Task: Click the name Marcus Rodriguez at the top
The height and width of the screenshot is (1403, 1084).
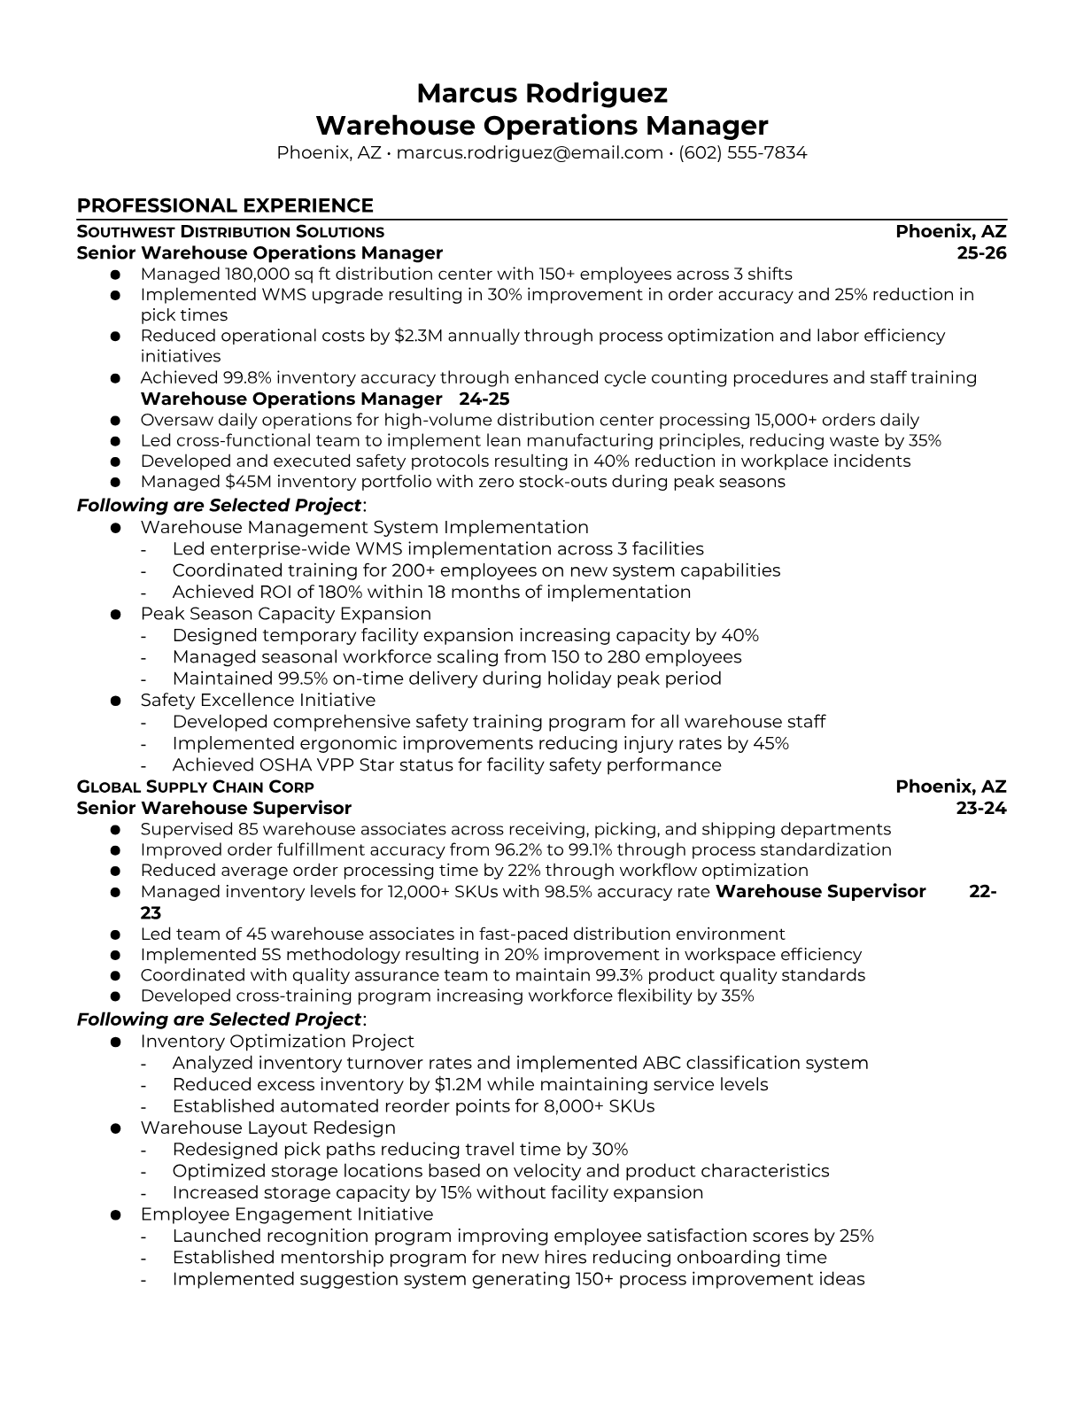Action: tap(541, 93)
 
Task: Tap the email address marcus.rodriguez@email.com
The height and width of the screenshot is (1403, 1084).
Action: tap(530, 152)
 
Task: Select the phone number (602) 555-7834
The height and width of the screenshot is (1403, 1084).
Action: tap(742, 152)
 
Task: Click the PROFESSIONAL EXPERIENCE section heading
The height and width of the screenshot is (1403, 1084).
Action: tap(225, 205)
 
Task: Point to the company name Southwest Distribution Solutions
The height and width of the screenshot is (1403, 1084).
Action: tap(230, 232)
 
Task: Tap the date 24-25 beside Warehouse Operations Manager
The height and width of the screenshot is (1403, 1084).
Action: tap(484, 399)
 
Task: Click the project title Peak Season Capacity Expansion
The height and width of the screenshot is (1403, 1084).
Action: tap(285, 614)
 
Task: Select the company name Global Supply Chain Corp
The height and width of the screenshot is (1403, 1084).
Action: tap(195, 787)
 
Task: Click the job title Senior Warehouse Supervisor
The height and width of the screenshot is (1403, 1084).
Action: tap(213, 808)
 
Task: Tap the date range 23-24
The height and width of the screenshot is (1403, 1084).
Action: tap(981, 808)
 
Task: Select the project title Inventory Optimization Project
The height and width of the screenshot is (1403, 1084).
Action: tap(276, 1042)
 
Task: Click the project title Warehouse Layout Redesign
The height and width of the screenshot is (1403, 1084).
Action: tap(267, 1128)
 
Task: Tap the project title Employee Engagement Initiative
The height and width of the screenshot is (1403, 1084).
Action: tap(286, 1215)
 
